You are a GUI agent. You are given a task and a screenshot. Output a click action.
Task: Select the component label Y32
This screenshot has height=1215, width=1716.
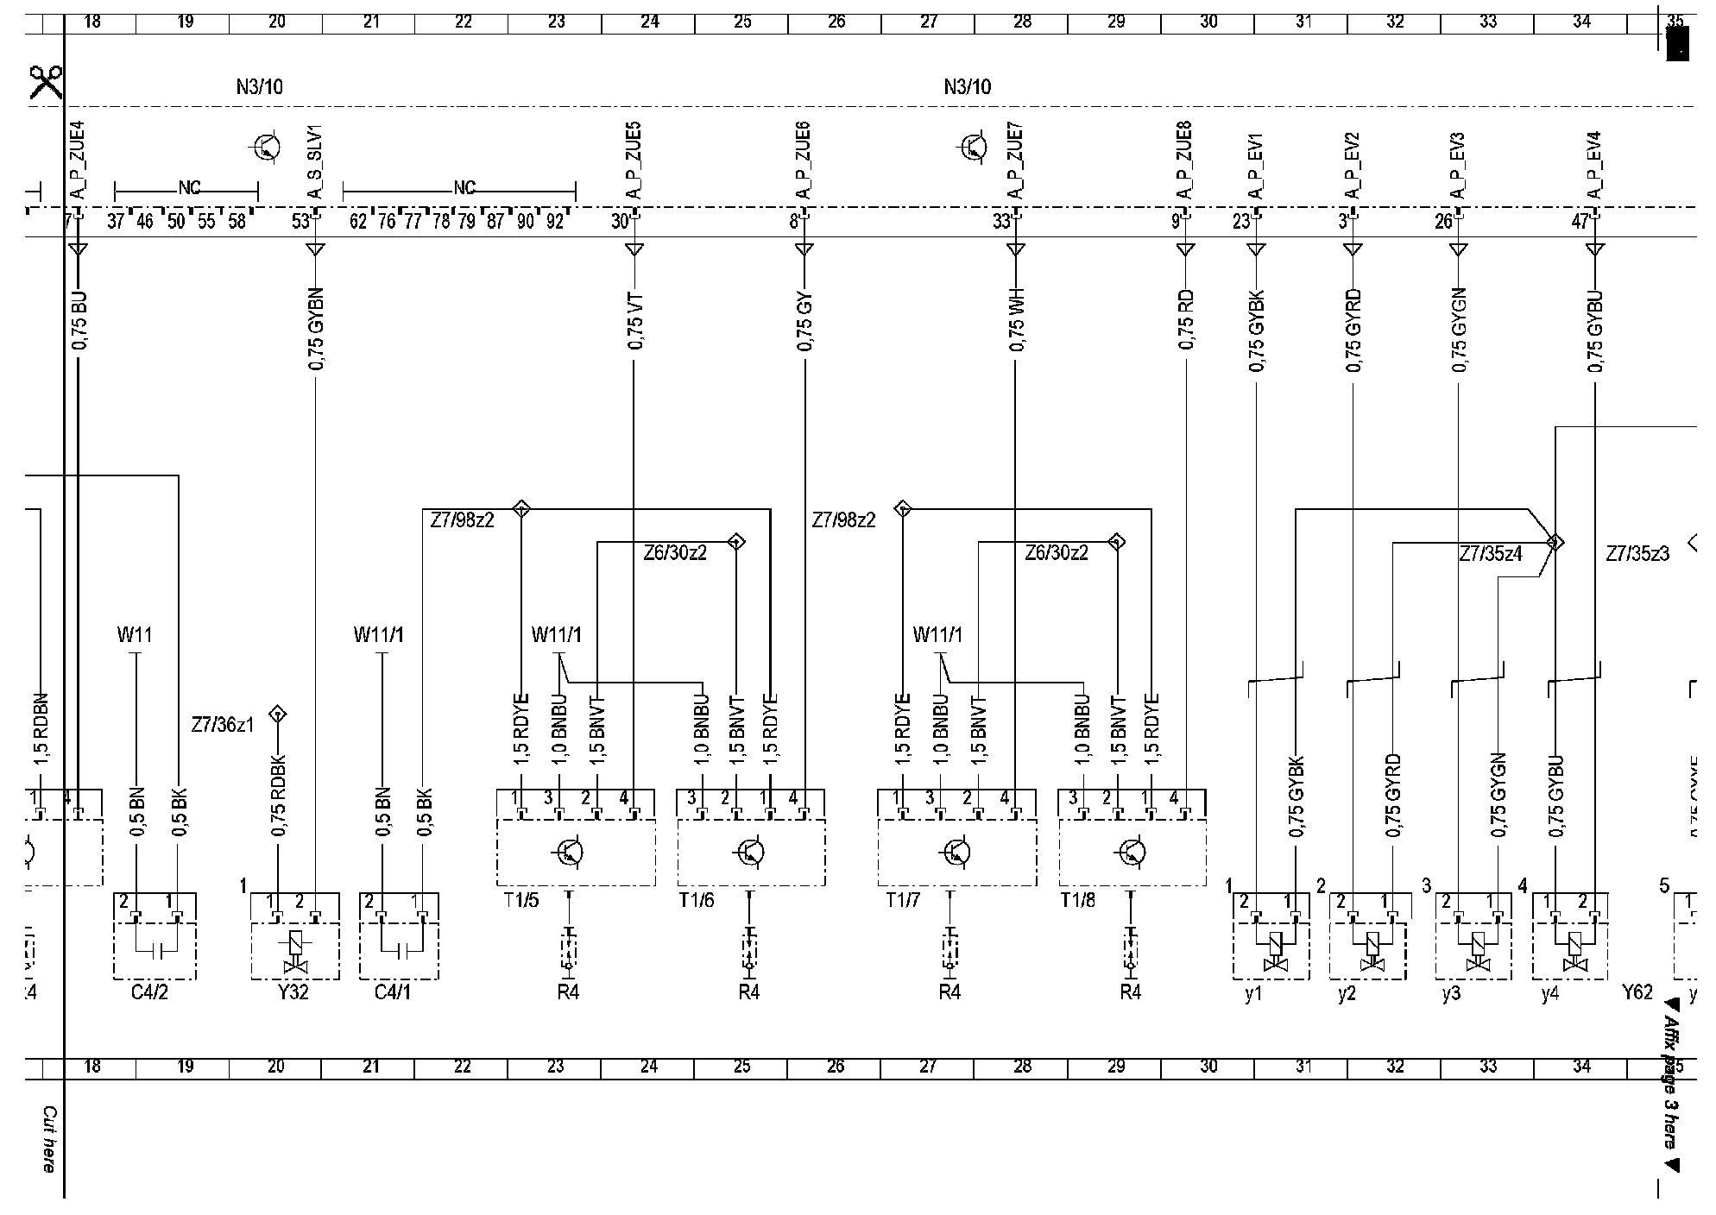[293, 992]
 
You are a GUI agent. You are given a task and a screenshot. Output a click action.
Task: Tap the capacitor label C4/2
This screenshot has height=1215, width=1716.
[149, 992]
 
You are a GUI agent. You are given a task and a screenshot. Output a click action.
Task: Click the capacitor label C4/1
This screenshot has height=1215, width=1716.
[393, 992]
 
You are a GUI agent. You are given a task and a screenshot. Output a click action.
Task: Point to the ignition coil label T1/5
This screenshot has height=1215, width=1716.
[521, 901]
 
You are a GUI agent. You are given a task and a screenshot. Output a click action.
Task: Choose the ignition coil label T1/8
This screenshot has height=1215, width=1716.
[1078, 901]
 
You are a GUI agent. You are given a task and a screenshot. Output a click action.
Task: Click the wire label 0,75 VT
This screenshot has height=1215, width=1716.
[635, 321]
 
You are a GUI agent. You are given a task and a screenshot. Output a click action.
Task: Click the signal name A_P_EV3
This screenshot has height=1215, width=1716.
[1458, 166]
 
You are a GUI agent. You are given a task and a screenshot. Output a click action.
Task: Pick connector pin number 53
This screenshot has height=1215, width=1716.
[300, 222]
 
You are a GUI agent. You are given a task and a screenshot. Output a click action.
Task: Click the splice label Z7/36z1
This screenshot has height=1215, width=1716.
[223, 726]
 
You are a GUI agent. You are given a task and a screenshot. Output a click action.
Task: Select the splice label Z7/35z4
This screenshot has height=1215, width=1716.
[1491, 554]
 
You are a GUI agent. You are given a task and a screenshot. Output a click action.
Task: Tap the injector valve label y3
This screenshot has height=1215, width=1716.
[1451, 993]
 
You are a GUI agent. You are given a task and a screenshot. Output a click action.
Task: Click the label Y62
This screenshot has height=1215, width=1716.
[1637, 992]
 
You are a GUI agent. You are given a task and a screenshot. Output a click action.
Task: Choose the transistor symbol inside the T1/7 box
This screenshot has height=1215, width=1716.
[956, 853]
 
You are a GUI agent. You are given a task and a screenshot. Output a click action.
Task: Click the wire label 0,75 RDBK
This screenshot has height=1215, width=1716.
[279, 797]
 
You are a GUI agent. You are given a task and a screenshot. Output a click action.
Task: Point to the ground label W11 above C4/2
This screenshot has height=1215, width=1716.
[135, 635]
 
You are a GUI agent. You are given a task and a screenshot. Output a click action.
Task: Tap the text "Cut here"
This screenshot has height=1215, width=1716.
[49, 1139]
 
